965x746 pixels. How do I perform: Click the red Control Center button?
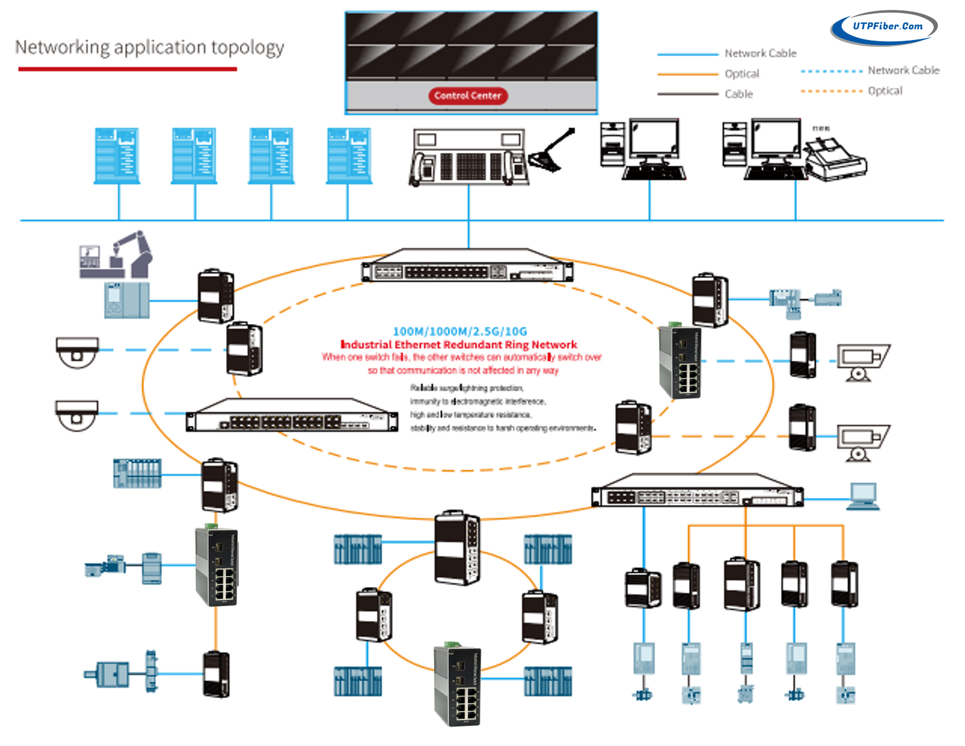coord(467,95)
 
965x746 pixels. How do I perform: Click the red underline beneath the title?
coord(127,69)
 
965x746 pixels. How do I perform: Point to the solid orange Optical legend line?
coord(688,74)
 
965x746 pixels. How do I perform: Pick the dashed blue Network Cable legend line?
coord(831,71)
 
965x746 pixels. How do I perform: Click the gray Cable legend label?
coord(738,94)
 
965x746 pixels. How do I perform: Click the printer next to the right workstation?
coord(836,160)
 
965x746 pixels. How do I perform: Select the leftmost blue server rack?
coord(116,155)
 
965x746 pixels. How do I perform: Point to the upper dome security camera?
coord(77,352)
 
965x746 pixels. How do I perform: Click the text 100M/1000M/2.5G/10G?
coord(459,331)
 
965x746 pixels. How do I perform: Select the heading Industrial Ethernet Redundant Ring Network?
coord(459,345)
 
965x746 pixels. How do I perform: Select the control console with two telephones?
coord(469,158)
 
